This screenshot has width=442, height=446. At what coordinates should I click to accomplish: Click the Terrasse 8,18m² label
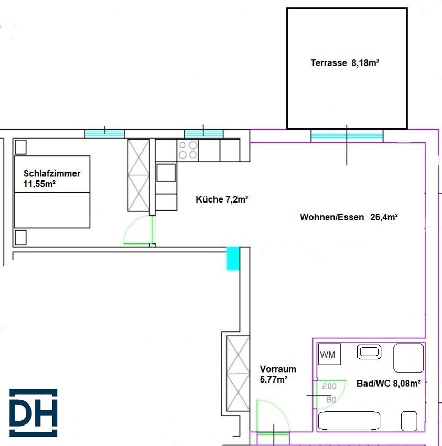(344, 63)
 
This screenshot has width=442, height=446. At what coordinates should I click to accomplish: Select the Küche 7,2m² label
(222, 199)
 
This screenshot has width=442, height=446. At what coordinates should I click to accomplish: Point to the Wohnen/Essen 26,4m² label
(349, 217)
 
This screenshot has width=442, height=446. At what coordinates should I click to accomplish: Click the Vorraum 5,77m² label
(278, 374)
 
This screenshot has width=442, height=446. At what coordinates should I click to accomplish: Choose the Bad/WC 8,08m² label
(389, 384)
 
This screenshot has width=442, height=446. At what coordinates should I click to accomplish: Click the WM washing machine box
(329, 354)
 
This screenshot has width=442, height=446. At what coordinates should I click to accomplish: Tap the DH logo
(33, 413)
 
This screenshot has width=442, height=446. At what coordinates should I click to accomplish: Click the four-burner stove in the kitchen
(188, 150)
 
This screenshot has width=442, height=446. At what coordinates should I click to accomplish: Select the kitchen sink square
(166, 173)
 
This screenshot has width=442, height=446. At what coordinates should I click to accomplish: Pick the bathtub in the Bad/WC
(349, 421)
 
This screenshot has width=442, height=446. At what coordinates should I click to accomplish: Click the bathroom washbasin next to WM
(369, 352)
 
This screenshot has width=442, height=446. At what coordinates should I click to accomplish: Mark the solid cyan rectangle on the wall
(233, 258)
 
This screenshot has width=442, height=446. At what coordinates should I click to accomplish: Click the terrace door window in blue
(347, 136)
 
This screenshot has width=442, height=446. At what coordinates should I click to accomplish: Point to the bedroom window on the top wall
(105, 134)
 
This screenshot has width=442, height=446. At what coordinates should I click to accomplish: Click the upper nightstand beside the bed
(20, 147)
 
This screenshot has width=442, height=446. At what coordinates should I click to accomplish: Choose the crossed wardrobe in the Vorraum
(238, 373)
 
